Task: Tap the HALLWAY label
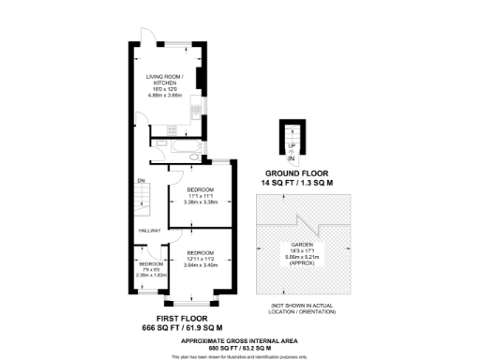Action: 150,231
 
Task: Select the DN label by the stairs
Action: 141,181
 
